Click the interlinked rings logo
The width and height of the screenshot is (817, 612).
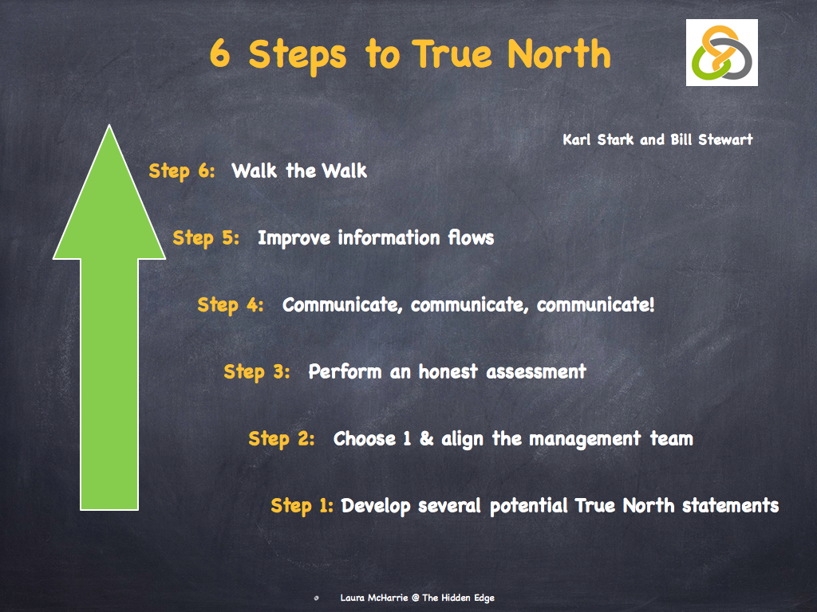coord(721,53)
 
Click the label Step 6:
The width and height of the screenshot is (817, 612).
coord(182,171)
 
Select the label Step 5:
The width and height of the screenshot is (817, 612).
coord(206,237)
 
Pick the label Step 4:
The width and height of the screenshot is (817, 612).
coord(231,304)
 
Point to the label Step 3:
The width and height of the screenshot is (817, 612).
coord(257,371)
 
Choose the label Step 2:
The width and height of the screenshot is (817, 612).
coord(282,438)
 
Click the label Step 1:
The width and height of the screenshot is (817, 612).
coord(302,505)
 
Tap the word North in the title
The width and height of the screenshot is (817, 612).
coord(559,55)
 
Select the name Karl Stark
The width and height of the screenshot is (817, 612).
coord(598,139)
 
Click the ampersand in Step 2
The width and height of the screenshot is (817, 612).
coord(427,438)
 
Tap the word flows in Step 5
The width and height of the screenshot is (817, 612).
coord(469,237)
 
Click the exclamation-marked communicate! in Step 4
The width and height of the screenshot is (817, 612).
coord(596,304)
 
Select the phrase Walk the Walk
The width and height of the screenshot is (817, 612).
coord(299,171)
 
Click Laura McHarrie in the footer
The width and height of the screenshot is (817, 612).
coord(374,597)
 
